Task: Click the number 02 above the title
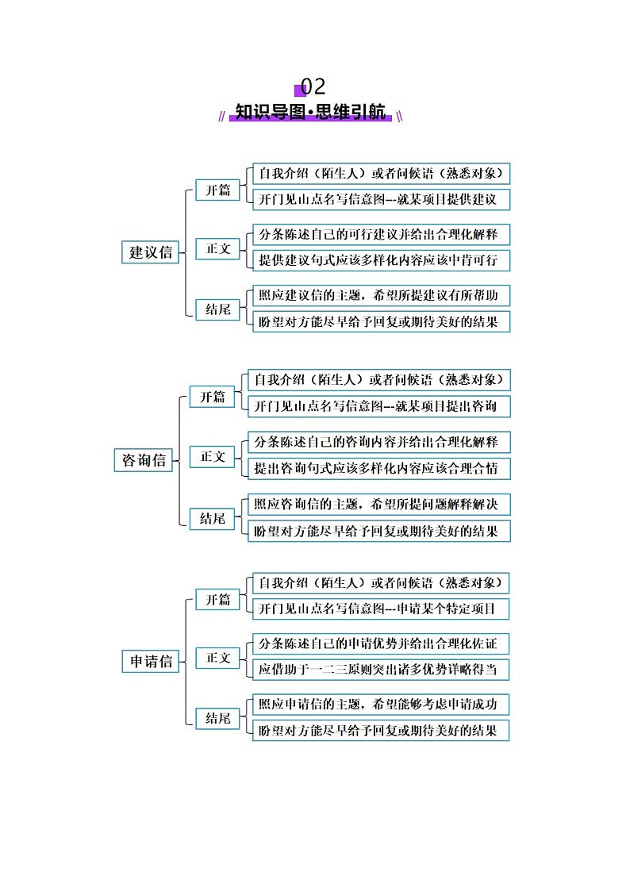(313, 86)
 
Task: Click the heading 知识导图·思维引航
(311, 112)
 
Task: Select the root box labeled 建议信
(151, 252)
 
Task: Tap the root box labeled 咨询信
(144, 460)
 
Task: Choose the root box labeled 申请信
(151, 661)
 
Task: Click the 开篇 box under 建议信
(217, 190)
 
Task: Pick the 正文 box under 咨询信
(212, 456)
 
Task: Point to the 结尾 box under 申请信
(217, 718)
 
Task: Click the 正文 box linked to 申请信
(217, 658)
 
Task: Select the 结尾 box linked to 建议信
(217, 309)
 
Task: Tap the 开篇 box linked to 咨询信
(212, 397)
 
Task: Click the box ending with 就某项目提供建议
(381, 199)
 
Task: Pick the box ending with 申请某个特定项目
(381, 609)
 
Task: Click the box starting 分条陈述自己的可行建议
(381, 235)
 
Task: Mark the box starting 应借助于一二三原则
(381, 670)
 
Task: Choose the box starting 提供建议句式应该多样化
(381, 260)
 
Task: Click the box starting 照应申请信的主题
(381, 704)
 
